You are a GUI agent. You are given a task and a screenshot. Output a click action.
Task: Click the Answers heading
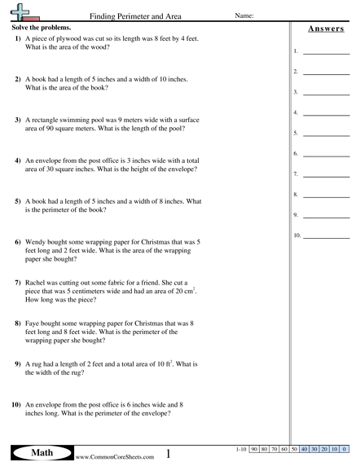pyautogui.click(x=323, y=29)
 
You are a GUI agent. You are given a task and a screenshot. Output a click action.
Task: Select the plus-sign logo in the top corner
pyautogui.click(x=21, y=14)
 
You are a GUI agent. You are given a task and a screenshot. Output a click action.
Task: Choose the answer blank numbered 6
pyautogui.click(x=326, y=153)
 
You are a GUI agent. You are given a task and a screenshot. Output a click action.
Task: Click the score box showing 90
pyautogui.click(x=255, y=449)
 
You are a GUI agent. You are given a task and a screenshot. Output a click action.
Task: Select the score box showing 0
pyautogui.click(x=344, y=449)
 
